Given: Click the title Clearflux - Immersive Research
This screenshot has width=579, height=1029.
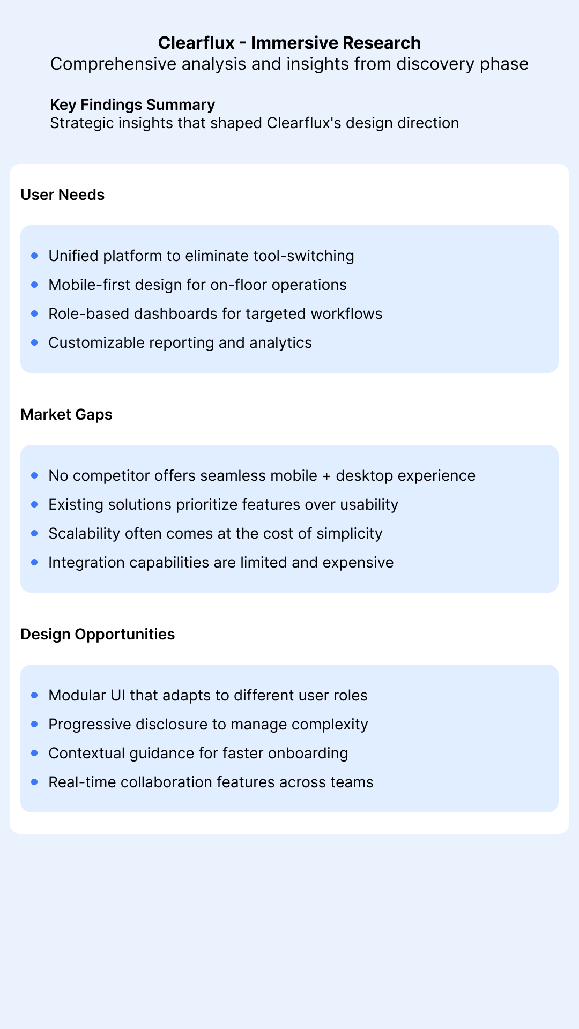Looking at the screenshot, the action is [x=289, y=43].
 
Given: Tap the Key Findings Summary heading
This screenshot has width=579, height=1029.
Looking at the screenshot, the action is [x=132, y=105].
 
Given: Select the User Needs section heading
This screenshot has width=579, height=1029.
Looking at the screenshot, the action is [x=63, y=195].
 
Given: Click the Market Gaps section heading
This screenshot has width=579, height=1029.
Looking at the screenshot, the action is [x=66, y=414].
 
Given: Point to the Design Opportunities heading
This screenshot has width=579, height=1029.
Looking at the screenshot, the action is [x=98, y=634].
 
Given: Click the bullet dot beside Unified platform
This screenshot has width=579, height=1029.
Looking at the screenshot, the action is [x=35, y=256].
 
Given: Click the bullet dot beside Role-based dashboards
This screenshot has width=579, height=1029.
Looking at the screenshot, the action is [x=35, y=314].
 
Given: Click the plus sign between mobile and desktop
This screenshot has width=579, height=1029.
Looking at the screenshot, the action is [x=326, y=476].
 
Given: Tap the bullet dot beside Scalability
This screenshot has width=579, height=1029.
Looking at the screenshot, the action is [x=35, y=534].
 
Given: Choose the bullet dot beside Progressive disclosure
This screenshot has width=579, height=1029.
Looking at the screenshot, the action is [x=35, y=725].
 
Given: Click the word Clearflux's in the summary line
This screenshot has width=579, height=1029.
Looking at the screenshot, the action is [x=304, y=123].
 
